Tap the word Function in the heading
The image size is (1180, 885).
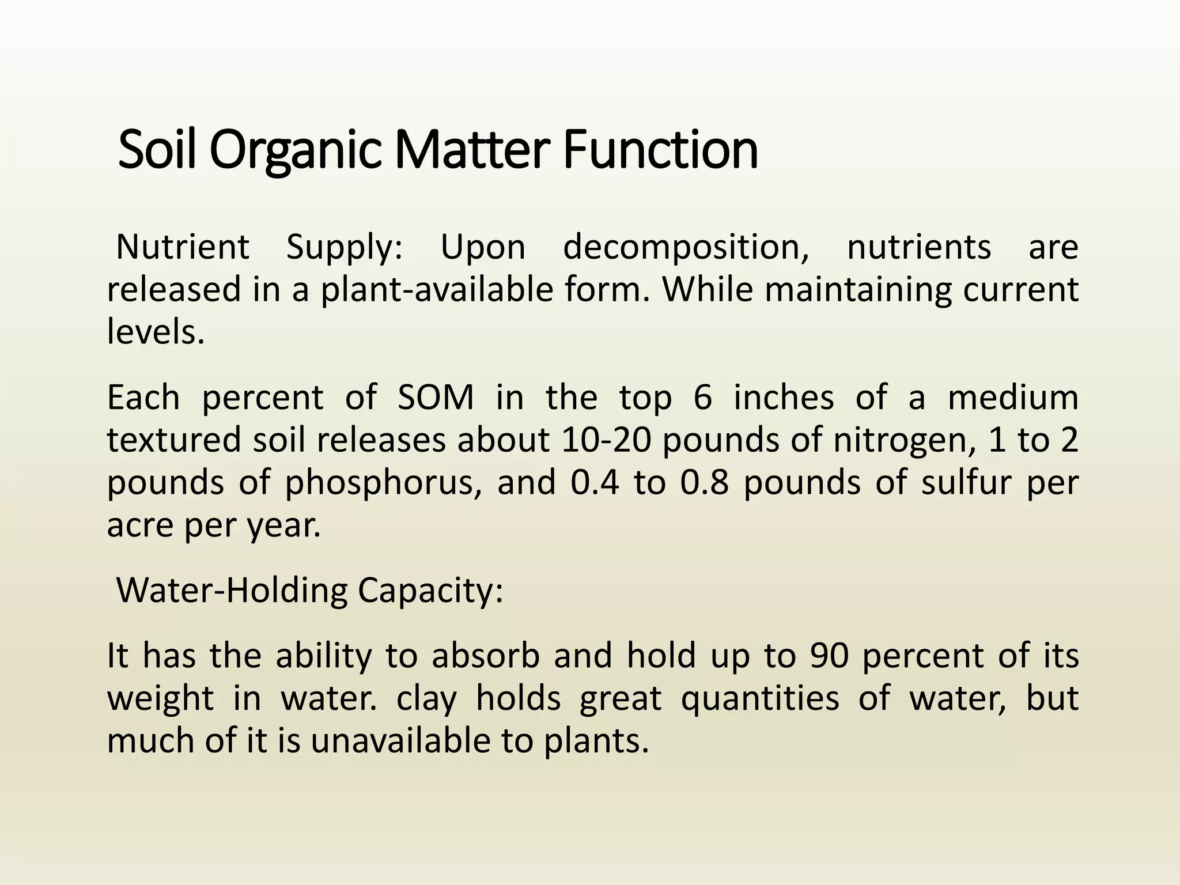(x=660, y=150)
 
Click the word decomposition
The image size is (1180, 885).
(x=686, y=248)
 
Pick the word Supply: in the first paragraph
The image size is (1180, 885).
(x=345, y=248)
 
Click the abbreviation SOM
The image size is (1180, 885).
(x=436, y=398)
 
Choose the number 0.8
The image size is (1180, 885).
(x=704, y=483)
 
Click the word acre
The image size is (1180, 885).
(x=139, y=525)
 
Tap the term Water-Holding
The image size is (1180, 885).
(x=232, y=591)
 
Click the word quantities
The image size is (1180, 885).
(x=760, y=698)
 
